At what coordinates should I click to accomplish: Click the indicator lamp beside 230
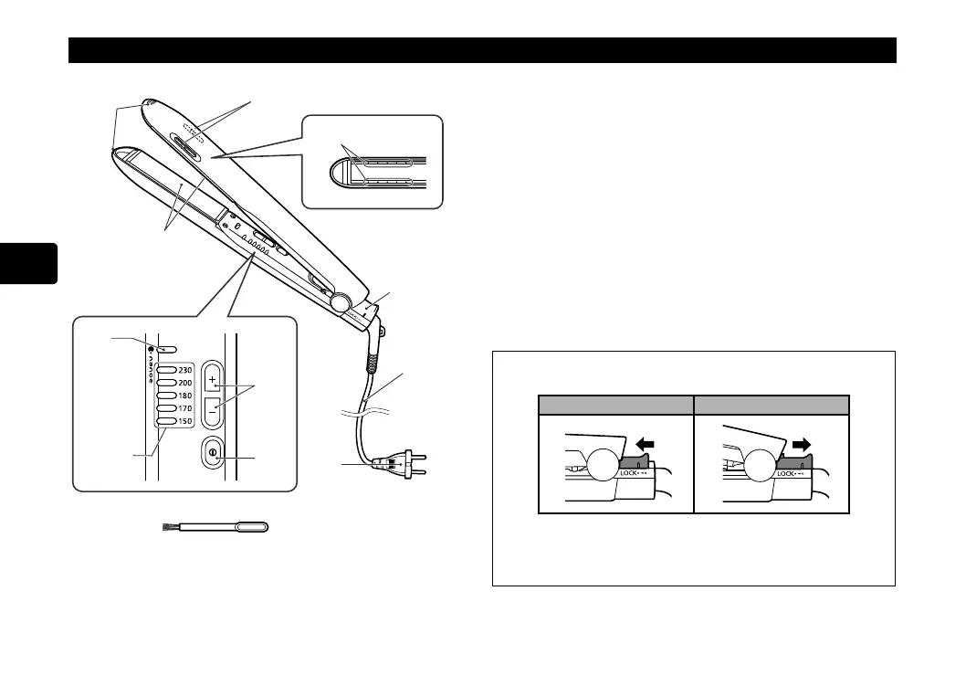[x=166, y=370]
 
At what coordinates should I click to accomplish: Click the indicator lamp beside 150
[x=166, y=422]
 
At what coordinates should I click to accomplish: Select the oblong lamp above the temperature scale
[x=165, y=349]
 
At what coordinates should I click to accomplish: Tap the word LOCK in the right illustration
[x=787, y=474]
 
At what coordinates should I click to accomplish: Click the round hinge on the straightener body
[x=340, y=301]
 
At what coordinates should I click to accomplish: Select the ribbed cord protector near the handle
[x=373, y=358]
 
